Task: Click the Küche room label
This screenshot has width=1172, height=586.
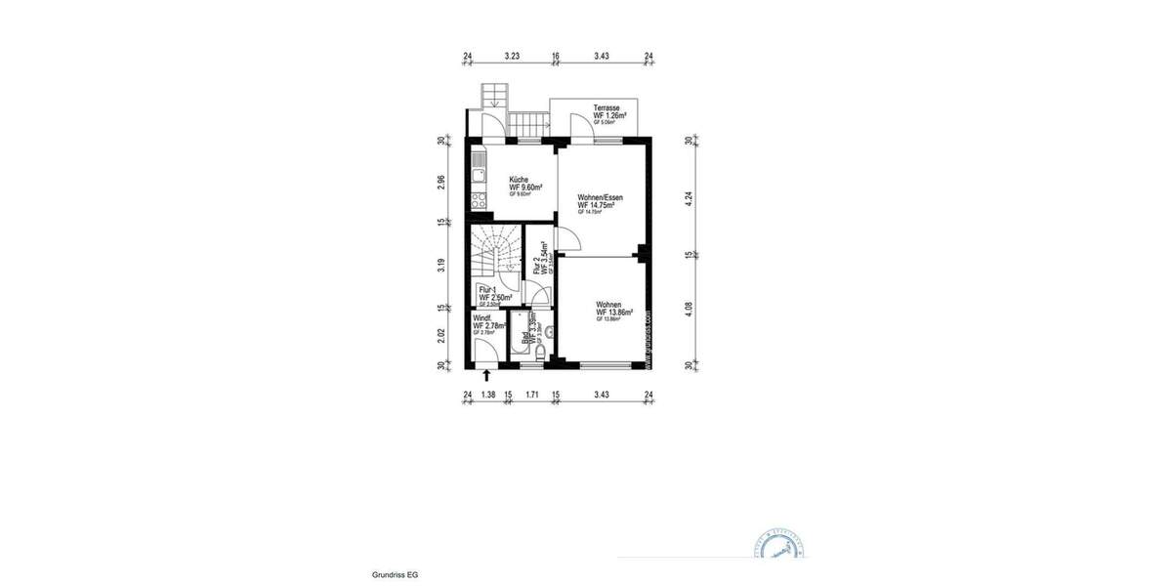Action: tap(520, 180)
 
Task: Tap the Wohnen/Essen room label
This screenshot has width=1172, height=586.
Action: tap(600, 197)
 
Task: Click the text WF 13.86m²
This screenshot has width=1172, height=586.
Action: tap(614, 313)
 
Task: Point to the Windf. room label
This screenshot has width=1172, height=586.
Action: tap(482, 317)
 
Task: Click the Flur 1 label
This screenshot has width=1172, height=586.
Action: tap(488, 289)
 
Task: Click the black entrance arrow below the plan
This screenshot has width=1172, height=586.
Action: tap(486, 374)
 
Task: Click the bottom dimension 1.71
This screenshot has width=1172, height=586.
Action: tap(532, 395)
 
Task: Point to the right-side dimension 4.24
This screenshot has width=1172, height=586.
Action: tap(689, 194)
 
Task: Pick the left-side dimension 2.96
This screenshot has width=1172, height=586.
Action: tap(442, 182)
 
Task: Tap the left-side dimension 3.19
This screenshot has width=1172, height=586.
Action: tap(442, 264)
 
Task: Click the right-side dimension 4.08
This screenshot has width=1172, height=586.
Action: tap(689, 311)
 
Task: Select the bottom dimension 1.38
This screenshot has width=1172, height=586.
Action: tap(487, 395)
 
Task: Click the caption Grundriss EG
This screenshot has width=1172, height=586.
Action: tap(396, 576)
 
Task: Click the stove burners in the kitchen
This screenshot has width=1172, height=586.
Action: tap(479, 200)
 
